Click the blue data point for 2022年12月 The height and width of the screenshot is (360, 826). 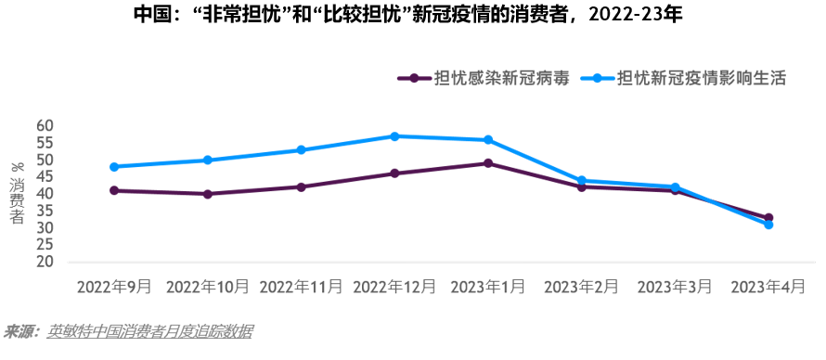394,136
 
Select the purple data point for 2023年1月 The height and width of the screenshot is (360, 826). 488,163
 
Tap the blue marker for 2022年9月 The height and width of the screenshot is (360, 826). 114,167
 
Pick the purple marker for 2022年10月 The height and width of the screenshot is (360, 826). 207,194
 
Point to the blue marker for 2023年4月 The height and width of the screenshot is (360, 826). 768,225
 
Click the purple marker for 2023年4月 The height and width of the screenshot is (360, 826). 768,218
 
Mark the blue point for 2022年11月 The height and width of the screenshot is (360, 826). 301,150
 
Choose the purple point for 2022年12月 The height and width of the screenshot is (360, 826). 394,174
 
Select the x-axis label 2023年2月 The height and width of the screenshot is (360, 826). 581,287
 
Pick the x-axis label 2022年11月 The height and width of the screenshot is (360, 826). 301,287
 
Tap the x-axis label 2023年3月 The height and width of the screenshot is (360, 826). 675,287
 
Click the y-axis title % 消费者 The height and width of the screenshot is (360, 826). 17,193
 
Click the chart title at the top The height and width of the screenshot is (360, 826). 412,17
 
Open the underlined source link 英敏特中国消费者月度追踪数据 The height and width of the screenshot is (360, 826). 149,331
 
